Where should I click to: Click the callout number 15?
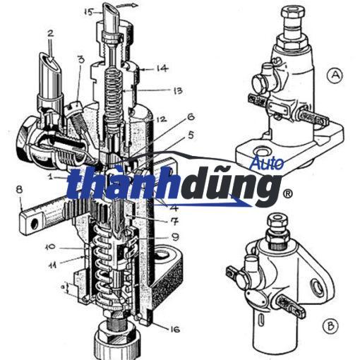point(89,12)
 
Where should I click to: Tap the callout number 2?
point(50,33)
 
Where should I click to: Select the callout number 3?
point(81,59)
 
